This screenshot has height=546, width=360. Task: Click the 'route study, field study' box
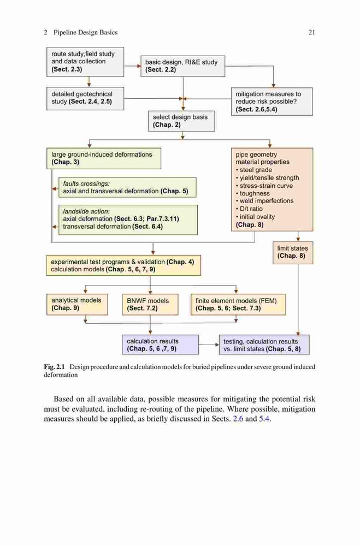85,62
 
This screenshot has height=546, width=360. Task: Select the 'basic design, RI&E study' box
182,66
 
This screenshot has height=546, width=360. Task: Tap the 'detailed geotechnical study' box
85,98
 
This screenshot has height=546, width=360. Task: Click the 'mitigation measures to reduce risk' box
272,102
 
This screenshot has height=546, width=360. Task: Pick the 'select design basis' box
181,121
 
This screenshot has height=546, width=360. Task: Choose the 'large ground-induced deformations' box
104,158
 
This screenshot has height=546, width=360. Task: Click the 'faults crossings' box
127,187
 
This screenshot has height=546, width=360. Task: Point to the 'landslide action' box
128,219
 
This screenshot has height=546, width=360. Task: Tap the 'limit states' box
293,252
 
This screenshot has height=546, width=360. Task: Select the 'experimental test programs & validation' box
123,265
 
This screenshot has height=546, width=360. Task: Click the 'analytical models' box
77,304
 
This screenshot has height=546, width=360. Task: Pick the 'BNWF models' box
150,304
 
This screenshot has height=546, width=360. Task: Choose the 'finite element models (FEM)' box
238,304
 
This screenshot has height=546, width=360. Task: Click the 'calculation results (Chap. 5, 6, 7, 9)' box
160,345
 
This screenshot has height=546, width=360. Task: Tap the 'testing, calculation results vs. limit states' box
264,345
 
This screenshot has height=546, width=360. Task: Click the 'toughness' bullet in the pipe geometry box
253,193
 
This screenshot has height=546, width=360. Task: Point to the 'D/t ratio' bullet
249,209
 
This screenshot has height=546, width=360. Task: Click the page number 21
312,32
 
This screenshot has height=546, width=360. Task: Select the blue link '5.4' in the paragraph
264,419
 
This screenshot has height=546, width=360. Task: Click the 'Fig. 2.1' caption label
55,367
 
